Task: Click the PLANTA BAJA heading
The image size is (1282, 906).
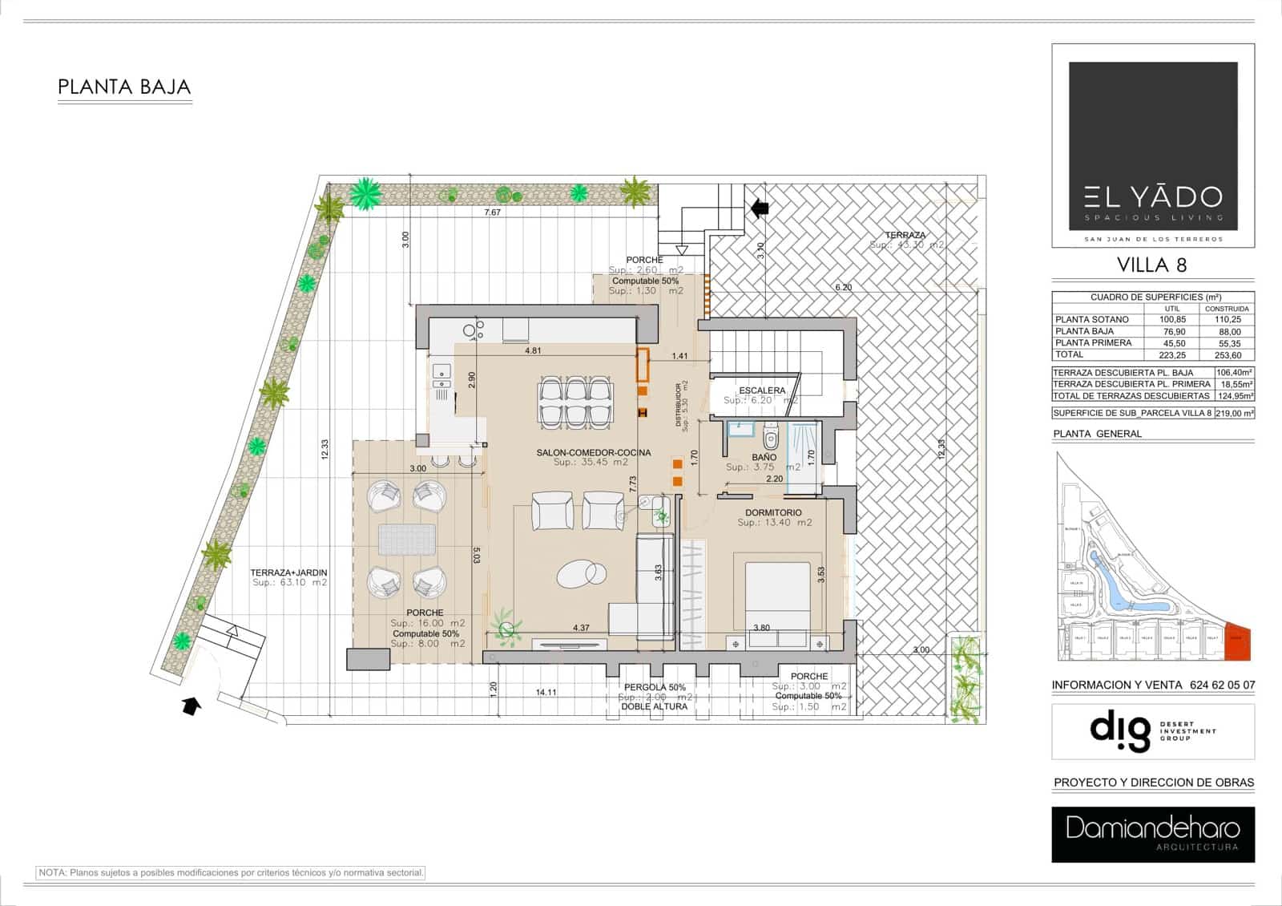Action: (124, 87)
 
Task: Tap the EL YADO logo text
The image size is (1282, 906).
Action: (1153, 196)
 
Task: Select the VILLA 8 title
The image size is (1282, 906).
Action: (1151, 265)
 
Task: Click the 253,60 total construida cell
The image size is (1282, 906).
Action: (1227, 354)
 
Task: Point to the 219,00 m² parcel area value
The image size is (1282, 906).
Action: (1234, 414)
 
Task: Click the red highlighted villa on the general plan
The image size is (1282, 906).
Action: (1238, 642)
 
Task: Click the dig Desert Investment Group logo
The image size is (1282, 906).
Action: (1152, 731)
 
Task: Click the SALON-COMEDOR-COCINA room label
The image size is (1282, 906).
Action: (593, 452)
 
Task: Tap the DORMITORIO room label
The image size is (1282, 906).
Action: (773, 512)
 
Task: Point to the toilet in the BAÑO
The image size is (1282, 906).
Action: (771, 439)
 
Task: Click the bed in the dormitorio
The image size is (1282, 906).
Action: (777, 597)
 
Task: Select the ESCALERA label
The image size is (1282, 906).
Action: (762, 390)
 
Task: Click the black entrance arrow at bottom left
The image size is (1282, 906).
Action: (191, 706)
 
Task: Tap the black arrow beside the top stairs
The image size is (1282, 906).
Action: (759, 208)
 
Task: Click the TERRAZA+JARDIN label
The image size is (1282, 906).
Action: (288, 572)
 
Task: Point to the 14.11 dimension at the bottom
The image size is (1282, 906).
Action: (546, 692)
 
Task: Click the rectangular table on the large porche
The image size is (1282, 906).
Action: (407, 539)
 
